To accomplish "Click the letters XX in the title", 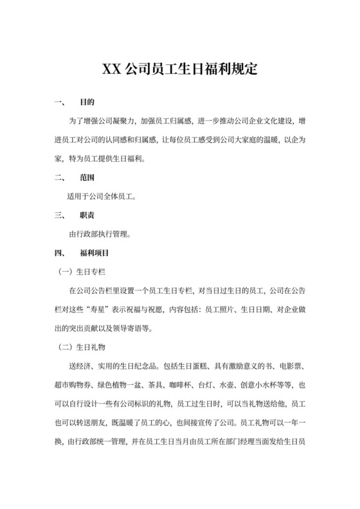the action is pos(114,69).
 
